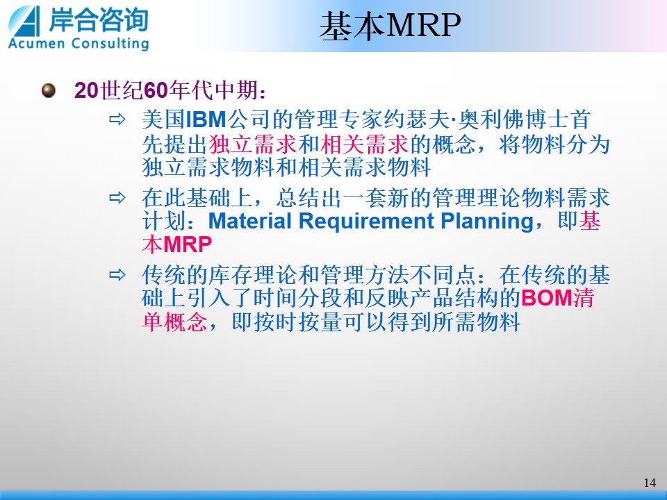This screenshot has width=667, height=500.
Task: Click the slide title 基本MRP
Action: click(390, 26)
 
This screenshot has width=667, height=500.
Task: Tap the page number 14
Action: click(650, 483)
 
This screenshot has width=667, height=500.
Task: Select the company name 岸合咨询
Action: click(99, 19)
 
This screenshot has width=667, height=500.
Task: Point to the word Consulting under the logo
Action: click(110, 44)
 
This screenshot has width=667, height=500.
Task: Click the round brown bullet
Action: click(49, 90)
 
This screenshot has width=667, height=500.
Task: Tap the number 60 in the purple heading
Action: click(156, 90)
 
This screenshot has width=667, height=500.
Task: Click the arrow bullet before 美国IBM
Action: click(117, 119)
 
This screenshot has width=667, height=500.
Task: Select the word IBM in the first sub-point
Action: click(206, 119)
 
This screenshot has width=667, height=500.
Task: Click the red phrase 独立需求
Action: click(253, 144)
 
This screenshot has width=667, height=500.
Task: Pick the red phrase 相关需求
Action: click(365, 144)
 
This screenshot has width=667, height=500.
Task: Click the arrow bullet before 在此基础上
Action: click(117, 198)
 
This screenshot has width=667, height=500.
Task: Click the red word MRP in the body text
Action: click(188, 244)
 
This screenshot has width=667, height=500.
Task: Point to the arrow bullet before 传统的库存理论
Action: click(117, 275)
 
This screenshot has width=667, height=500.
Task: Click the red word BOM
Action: click(547, 298)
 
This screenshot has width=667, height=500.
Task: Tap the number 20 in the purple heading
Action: click(86, 90)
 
